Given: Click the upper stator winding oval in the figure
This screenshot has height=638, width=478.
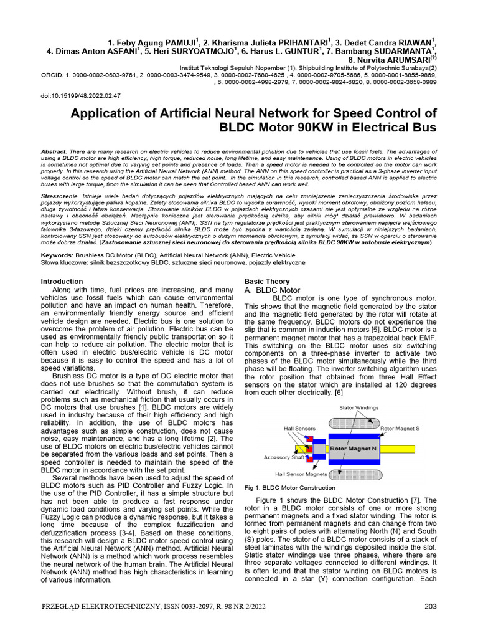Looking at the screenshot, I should pyautogui.click(x=352, y=422).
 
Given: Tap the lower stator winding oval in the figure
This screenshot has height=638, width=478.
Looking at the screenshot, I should pyautogui.click(x=352, y=473).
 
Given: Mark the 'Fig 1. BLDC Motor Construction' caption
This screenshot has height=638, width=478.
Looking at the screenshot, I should pyautogui.click(x=289, y=488).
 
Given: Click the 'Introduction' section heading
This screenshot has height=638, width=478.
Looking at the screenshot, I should pyautogui.click(x=62, y=282).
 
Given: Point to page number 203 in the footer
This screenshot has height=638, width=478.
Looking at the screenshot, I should pyautogui.click(x=431, y=607).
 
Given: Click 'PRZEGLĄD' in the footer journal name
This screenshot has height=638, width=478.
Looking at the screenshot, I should pyautogui.click(x=65, y=607).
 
